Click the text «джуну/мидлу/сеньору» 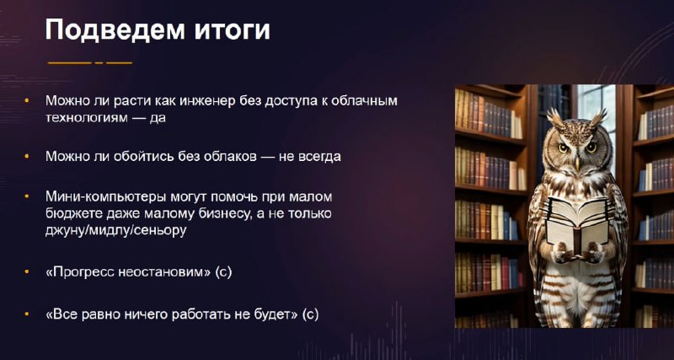[116, 230]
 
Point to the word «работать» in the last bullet [201, 314]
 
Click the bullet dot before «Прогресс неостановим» [27, 271]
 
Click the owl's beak [577, 164]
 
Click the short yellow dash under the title [99, 62]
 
